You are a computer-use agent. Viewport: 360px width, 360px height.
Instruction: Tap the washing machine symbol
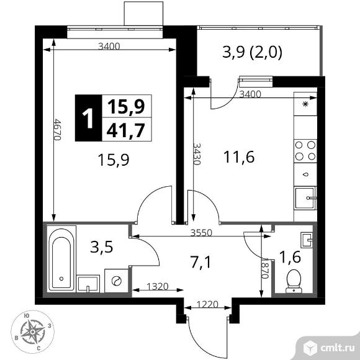115,281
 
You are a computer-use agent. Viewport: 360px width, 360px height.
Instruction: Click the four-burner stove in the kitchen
305,151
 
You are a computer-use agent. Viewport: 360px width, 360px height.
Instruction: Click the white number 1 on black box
88,117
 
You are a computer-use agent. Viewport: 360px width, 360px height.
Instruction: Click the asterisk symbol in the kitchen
305,105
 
